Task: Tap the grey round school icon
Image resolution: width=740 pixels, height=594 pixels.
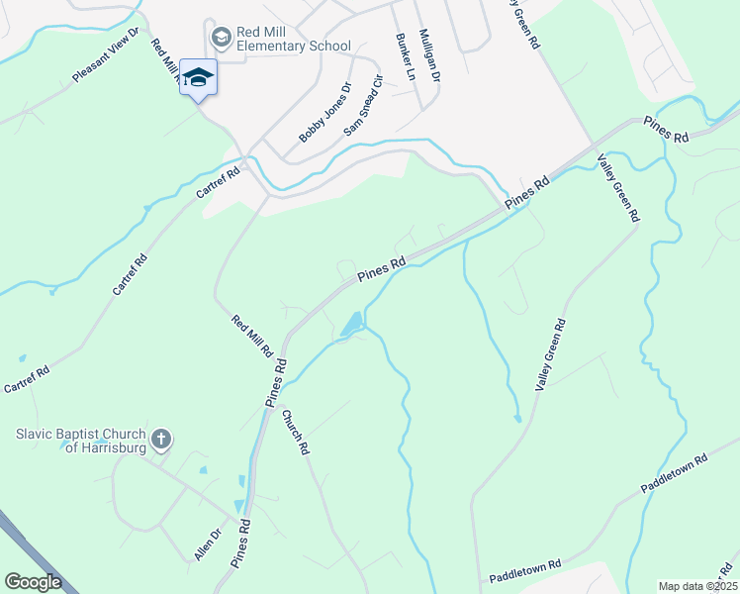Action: click(x=220, y=38)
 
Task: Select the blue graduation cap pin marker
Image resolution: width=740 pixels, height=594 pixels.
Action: click(x=198, y=79)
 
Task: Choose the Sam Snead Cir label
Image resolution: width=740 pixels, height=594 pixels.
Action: click(x=362, y=105)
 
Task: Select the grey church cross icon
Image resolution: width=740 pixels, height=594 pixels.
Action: click(x=161, y=438)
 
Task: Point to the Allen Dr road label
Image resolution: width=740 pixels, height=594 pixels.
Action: click(x=207, y=544)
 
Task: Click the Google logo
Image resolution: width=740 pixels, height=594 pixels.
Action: click(x=34, y=582)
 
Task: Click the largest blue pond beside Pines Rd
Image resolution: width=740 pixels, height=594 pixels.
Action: click(x=350, y=324)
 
